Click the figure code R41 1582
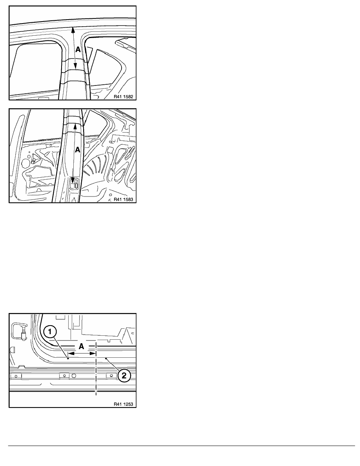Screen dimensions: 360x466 pyautogui.click(x=123, y=96)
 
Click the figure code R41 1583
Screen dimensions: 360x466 pyautogui.click(x=123, y=199)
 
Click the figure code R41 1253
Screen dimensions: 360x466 pyautogui.click(x=123, y=404)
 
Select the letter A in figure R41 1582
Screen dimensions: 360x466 pyautogui.click(x=78, y=50)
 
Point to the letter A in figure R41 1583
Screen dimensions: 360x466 pyautogui.click(x=78, y=150)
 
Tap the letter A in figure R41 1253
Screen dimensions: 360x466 pyautogui.click(x=82, y=346)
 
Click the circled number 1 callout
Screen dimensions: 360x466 pyautogui.click(x=50, y=331)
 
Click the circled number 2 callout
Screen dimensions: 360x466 pyautogui.click(x=124, y=375)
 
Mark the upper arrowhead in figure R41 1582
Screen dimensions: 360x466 pyautogui.click(x=72, y=29)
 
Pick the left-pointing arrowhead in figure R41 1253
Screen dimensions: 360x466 pyautogui.click(x=71, y=353)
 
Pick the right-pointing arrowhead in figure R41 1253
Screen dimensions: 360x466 pyautogui.click(x=93, y=353)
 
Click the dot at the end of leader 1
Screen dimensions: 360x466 pyautogui.click(x=68, y=359)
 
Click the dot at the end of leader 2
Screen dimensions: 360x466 pyautogui.click(x=106, y=359)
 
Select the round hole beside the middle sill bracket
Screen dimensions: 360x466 pyautogui.click(x=73, y=376)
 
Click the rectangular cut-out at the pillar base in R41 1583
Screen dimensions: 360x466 pyautogui.click(x=74, y=183)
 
